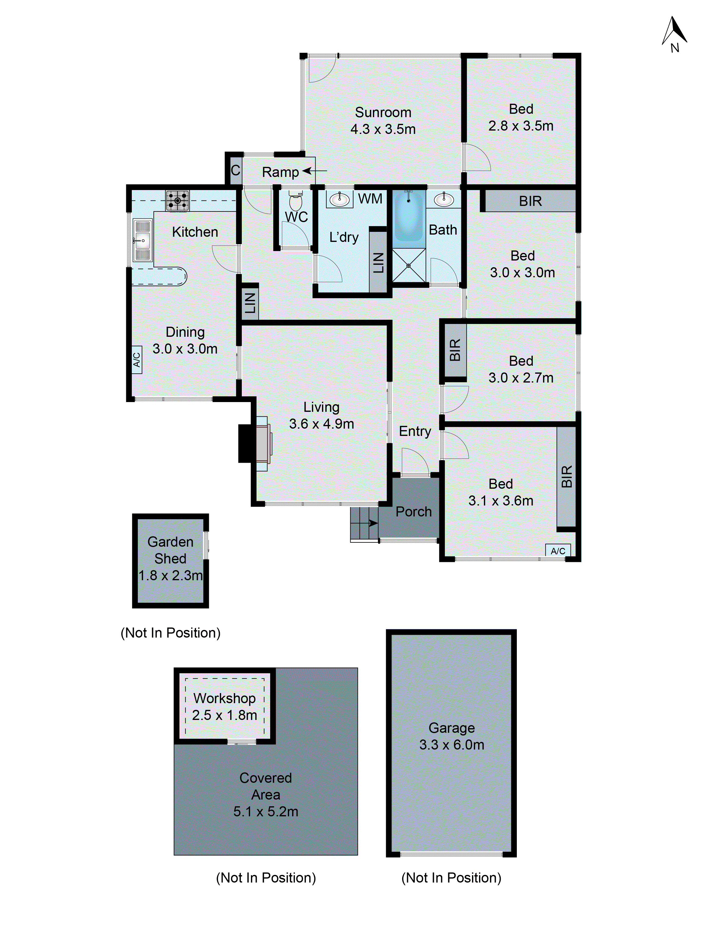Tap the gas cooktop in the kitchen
(x=177, y=201)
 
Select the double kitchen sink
(x=142, y=240)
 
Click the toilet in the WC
(x=296, y=202)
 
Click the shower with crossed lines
(x=409, y=265)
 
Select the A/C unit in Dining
(x=137, y=360)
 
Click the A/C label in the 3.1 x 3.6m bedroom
(x=558, y=551)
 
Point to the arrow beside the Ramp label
(x=314, y=171)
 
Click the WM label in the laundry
(x=370, y=199)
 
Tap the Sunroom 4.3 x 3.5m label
(x=383, y=120)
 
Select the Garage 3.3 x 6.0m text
(x=452, y=736)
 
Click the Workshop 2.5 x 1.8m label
(x=224, y=706)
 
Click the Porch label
(x=413, y=512)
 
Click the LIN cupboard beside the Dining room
(x=250, y=303)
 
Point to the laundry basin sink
(x=339, y=199)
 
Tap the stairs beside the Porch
(x=364, y=523)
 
